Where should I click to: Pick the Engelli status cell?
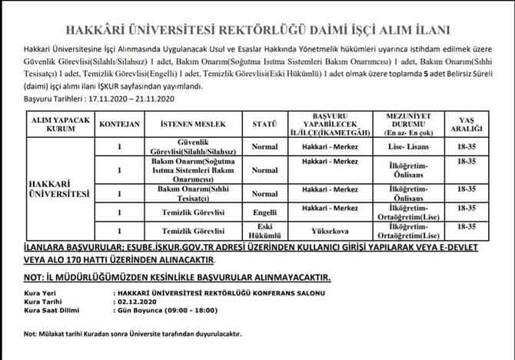pyautogui.click(x=264, y=210)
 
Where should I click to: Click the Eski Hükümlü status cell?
pyautogui.click(x=264, y=229)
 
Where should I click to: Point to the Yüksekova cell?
pyautogui.click(x=331, y=229)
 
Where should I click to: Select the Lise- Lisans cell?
pyautogui.click(x=400, y=145)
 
